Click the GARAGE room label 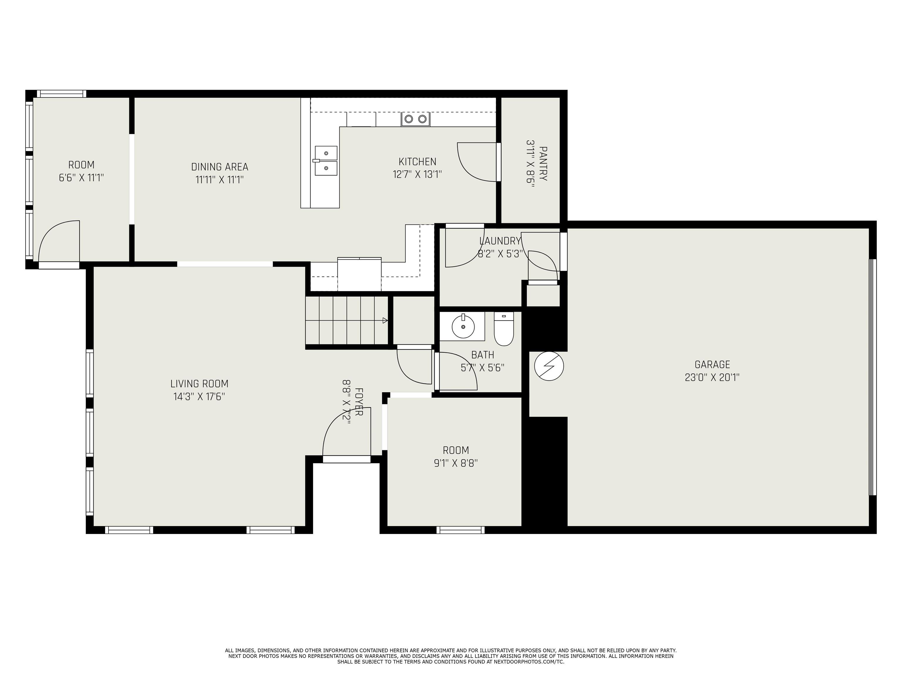712,364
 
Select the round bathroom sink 463,326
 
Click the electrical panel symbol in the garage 549,366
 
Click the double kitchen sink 326,161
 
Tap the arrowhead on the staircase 385,320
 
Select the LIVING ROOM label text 199,383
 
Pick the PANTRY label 543,164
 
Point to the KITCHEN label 417,162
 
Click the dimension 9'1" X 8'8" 456,463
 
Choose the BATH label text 482,355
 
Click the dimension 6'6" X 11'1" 82,178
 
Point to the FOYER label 359,402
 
